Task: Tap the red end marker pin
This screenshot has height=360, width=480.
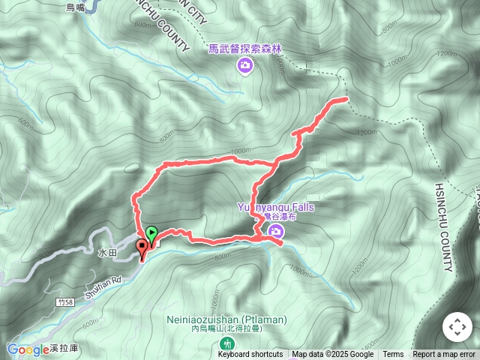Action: (x=141, y=247)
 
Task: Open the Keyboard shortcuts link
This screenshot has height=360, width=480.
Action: (x=250, y=355)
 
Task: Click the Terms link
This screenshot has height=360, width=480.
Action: (x=393, y=355)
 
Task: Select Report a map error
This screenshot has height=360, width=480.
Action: (x=444, y=355)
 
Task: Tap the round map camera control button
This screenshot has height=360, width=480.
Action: (x=457, y=328)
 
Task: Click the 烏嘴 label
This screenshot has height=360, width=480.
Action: (x=76, y=7)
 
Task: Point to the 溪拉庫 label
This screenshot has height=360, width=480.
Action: (x=66, y=350)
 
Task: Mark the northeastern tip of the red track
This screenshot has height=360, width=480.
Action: (x=346, y=99)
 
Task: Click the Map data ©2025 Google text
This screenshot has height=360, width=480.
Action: (x=333, y=355)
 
